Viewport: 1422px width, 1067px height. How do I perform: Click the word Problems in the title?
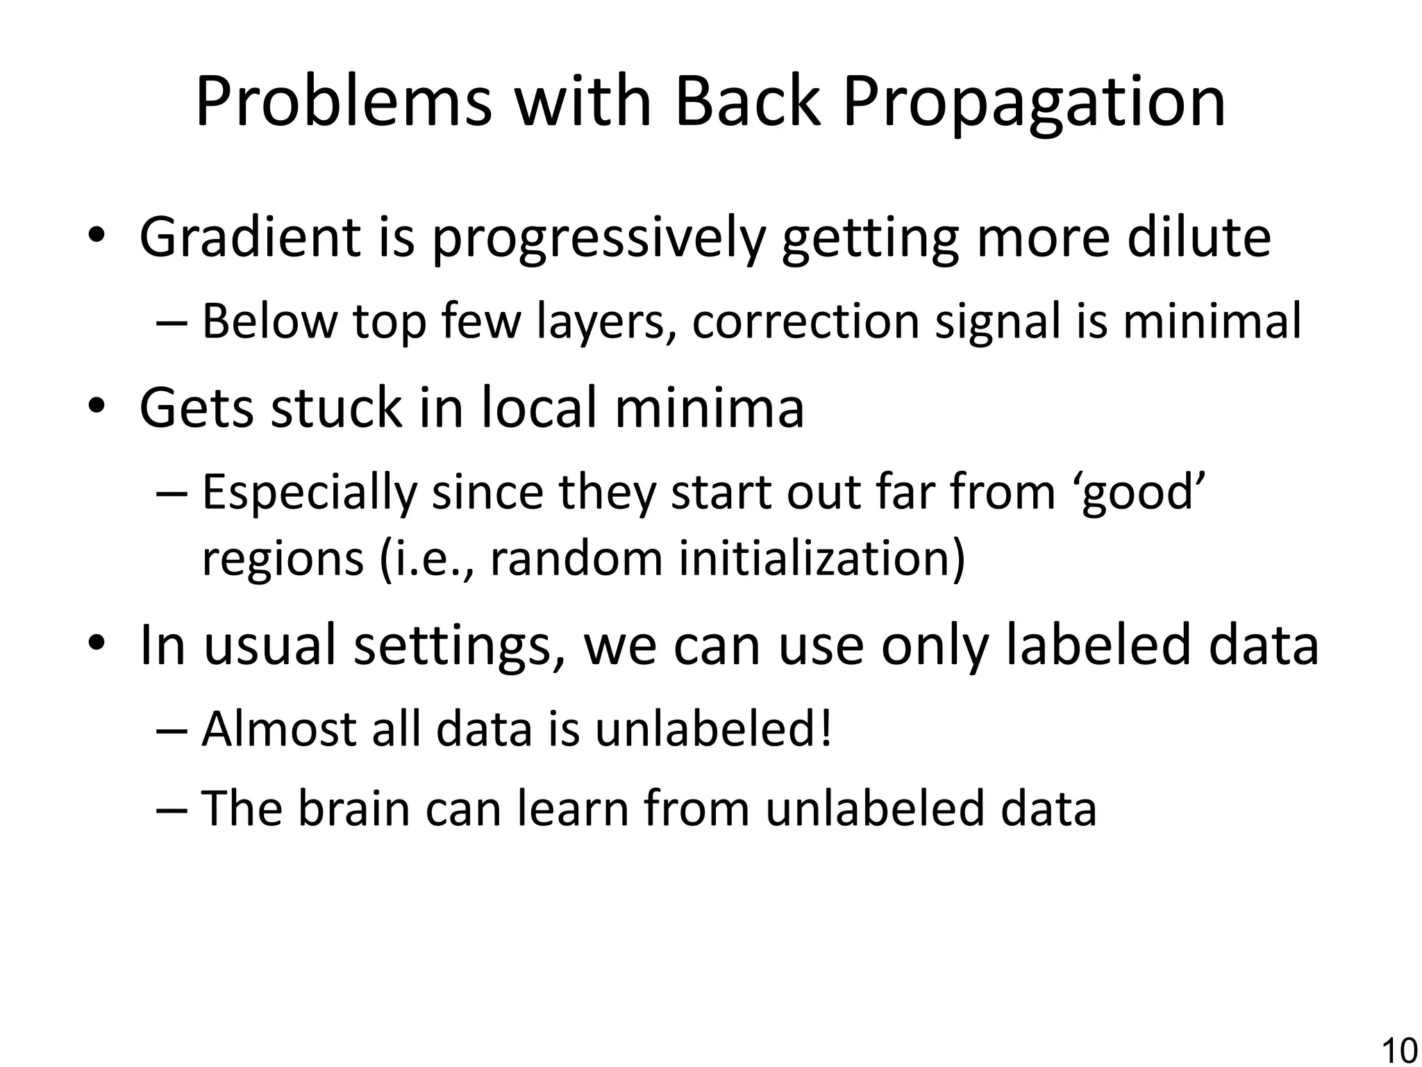[x=344, y=103]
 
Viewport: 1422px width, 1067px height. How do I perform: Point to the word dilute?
[x=1198, y=238]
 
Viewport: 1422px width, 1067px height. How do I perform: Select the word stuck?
[x=336, y=408]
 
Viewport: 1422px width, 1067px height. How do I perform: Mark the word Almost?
[x=277, y=729]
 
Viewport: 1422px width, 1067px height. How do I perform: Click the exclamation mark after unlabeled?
[x=825, y=729]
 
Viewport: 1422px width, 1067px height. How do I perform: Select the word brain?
[x=354, y=809]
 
